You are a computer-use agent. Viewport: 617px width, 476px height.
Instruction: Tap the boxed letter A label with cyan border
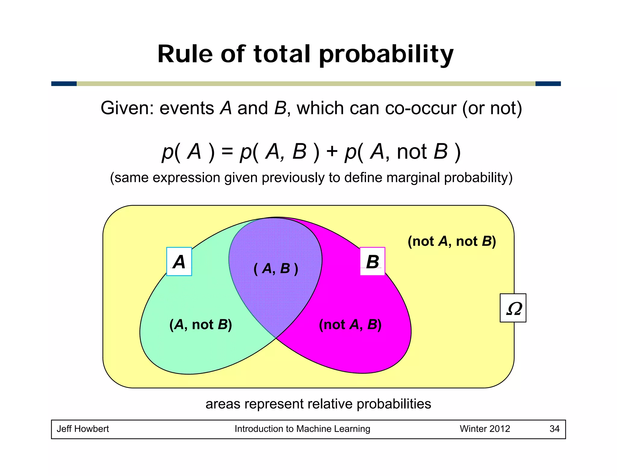(x=179, y=261)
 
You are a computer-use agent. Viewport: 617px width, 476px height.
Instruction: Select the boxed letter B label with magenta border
(x=372, y=261)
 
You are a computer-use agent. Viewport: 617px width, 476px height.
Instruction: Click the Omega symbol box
(x=513, y=308)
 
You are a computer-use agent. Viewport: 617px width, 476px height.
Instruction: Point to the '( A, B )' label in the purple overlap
(x=276, y=268)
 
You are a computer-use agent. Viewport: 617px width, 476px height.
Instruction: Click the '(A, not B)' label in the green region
(x=201, y=325)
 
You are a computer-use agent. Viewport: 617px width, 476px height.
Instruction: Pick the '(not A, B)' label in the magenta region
(x=350, y=325)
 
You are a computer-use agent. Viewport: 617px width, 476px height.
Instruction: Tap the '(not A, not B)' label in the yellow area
(x=452, y=241)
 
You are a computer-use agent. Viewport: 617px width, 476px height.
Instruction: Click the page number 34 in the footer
(x=554, y=429)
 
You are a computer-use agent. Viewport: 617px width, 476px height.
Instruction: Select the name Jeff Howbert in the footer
(x=83, y=429)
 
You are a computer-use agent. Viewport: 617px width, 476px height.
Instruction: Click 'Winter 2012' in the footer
(x=485, y=429)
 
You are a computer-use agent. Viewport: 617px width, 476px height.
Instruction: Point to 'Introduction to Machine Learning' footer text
(x=302, y=429)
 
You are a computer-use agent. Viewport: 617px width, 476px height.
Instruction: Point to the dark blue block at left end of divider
(x=64, y=84)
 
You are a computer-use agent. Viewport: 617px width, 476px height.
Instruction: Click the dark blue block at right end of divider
(x=548, y=84)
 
